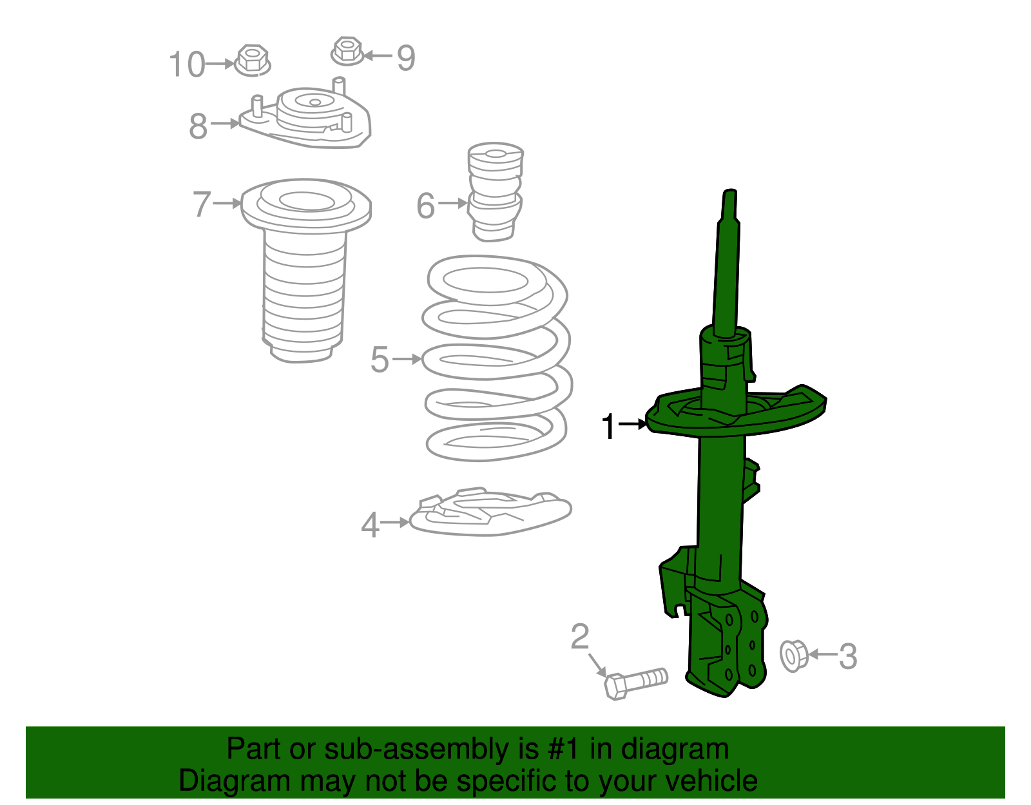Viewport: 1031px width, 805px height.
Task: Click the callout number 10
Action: [x=187, y=64]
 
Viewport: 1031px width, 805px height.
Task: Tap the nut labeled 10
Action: [x=252, y=60]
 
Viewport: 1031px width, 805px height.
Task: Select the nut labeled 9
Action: [x=347, y=51]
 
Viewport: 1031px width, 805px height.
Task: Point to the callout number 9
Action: [x=406, y=58]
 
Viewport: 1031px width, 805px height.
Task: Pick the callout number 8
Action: [x=198, y=126]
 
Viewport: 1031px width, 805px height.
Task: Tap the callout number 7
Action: [x=202, y=204]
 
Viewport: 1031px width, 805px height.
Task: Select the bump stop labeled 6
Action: [x=495, y=191]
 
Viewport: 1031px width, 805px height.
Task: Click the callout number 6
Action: [x=425, y=206]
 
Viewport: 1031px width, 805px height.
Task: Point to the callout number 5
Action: [x=380, y=360]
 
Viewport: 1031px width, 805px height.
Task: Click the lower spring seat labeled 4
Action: [x=490, y=512]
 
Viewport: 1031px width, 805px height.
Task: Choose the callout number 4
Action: [x=370, y=525]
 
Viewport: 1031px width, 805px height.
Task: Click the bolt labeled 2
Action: [x=636, y=684]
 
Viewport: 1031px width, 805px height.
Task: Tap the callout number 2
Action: [x=580, y=637]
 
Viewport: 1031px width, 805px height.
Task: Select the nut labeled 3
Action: [x=794, y=655]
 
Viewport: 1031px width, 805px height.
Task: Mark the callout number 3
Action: [x=848, y=657]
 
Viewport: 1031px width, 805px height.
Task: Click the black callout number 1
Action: [x=609, y=426]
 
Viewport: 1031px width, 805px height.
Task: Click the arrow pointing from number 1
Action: [x=633, y=423]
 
